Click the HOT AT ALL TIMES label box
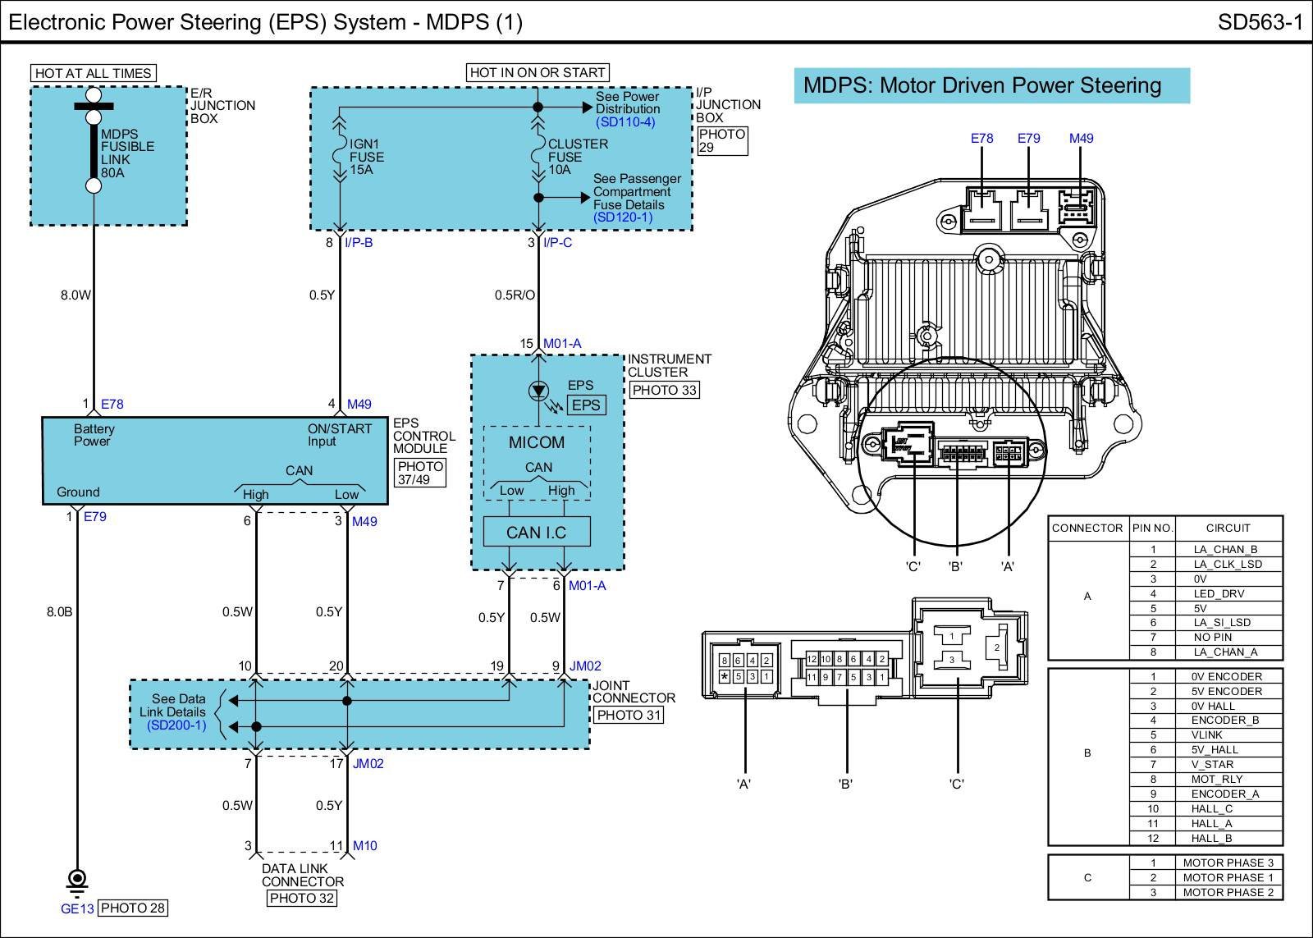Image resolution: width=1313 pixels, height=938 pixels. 94,73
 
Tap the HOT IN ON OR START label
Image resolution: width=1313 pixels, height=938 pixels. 538,73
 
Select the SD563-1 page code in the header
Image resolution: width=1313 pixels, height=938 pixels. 1260,22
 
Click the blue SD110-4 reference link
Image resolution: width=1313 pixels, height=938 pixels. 625,122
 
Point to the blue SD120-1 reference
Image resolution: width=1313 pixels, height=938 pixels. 623,217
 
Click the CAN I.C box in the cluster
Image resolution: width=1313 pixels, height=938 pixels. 537,532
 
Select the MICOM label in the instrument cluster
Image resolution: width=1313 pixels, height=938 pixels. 537,442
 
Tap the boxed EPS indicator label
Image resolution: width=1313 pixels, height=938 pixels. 586,405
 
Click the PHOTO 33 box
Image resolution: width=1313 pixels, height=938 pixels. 664,390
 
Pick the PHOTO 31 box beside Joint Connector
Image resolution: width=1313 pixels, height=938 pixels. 629,716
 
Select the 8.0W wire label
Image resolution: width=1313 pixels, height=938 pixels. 75,295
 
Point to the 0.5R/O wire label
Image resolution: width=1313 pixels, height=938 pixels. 515,295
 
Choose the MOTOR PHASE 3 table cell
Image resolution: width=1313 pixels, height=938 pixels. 1228,863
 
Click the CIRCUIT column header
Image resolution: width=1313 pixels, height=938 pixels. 1228,528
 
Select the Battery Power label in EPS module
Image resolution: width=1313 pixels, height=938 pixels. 94,435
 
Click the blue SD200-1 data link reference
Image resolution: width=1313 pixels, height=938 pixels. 176,725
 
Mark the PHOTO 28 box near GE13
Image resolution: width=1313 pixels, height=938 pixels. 132,908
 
